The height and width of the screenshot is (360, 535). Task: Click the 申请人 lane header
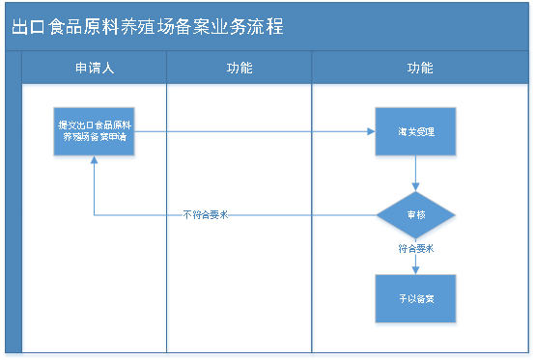pyautogui.click(x=94, y=69)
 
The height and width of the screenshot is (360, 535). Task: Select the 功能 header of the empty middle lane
pyautogui.click(x=239, y=69)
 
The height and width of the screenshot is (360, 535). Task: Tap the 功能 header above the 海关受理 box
pyautogui.click(x=420, y=69)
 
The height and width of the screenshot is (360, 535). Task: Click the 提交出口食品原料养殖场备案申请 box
pyautogui.click(x=95, y=131)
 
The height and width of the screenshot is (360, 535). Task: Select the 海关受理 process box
pyautogui.click(x=415, y=131)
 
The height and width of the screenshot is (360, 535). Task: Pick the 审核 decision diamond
pyautogui.click(x=415, y=215)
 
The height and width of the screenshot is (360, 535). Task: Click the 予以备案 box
pyautogui.click(x=415, y=299)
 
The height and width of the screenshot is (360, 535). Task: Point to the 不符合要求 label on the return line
pyautogui.click(x=205, y=215)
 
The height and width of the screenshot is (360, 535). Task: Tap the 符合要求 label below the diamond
pyautogui.click(x=415, y=248)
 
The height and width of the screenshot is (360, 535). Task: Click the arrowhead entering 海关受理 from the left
pyautogui.click(x=369, y=131)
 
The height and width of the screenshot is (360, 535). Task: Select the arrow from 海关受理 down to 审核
pyautogui.click(x=415, y=174)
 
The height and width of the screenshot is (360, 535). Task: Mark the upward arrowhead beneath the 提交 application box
pyautogui.click(x=94, y=162)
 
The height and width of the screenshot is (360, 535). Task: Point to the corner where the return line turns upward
pyautogui.click(x=94, y=215)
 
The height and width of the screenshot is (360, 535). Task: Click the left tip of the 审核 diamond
pyautogui.click(x=376, y=215)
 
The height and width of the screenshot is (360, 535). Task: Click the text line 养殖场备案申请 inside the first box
pyautogui.click(x=96, y=137)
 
